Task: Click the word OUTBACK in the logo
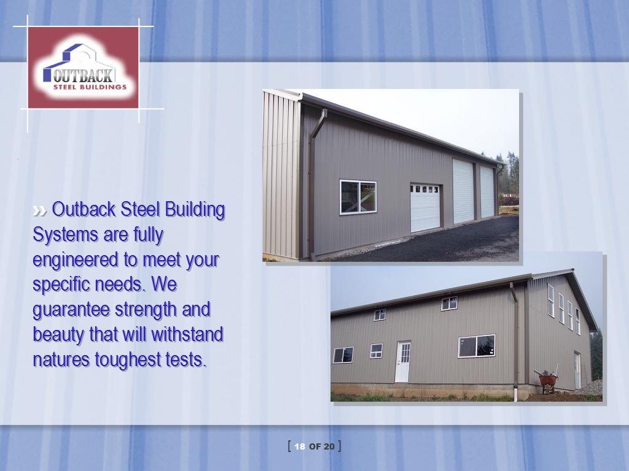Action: tap(83, 75)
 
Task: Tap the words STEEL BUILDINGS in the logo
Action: tap(90, 87)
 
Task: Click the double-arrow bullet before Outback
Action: tap(40, 211)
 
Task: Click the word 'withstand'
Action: tap(187, 334)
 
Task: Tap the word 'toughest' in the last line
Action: tap(128, 360)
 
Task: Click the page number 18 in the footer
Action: tap(300, 446)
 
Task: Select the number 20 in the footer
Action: tap(329, 446)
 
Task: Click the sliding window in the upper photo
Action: tap(358, 197)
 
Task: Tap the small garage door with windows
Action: tap(425, 208)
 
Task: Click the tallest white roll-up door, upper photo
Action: tap(463, 191)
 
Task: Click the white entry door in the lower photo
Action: tap(403, 362)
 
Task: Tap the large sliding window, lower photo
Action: tap(477, 346)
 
